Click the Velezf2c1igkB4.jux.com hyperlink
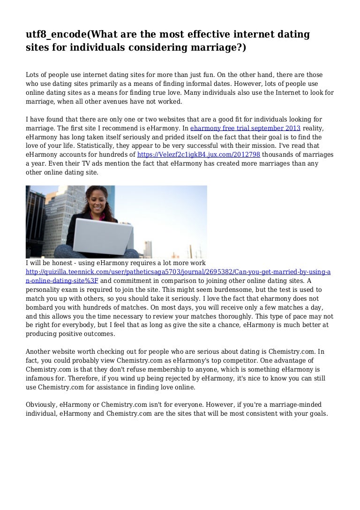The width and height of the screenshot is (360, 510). tap(199, 154)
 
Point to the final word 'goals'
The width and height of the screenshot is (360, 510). tap(321, 413)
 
